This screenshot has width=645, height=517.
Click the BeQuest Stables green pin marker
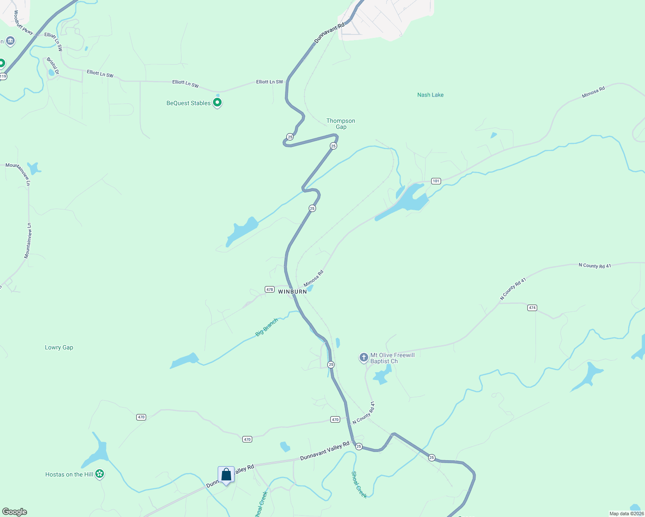pyautogui.click(x=218, y=103)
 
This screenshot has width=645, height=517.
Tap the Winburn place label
pyautogui.click(x=292, y=292)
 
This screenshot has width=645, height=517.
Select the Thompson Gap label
pyautogui.click(x=341, y=124)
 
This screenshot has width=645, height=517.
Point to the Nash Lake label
pyautogui.click(x=430, y=95)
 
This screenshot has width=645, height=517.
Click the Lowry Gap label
pyautogui.click(x=59, y=347)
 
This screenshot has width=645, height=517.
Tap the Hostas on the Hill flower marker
pyautogui.click(x=100, y=474)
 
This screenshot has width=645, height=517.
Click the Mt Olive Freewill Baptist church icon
pyautogui.click(x=364, y=357)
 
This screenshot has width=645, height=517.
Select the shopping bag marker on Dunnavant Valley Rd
pyautogui.click(x=226, y=474)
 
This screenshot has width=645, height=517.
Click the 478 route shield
pyautogui.click(x=269, y=290)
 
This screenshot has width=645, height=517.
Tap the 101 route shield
pyautogui.click(x=436, y=181)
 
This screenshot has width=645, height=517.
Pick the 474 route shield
pyautogui.click(x=532, y=308)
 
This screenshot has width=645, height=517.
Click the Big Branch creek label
pyautogui.click(x=266, y=327)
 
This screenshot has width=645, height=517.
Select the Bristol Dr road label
pyautogui.click(x=53, y=65)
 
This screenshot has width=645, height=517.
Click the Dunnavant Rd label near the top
pyautogui.click(x=329, y=33)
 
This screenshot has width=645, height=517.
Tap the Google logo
pyautogui.click(x=15, y=512)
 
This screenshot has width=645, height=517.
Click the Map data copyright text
pyautogui.click(x=626, y=514)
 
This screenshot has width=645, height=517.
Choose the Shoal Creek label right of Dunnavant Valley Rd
pyautogui.click(x=359, y=485)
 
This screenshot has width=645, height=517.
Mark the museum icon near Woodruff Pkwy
pyautogui.click(x=11, y=41)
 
